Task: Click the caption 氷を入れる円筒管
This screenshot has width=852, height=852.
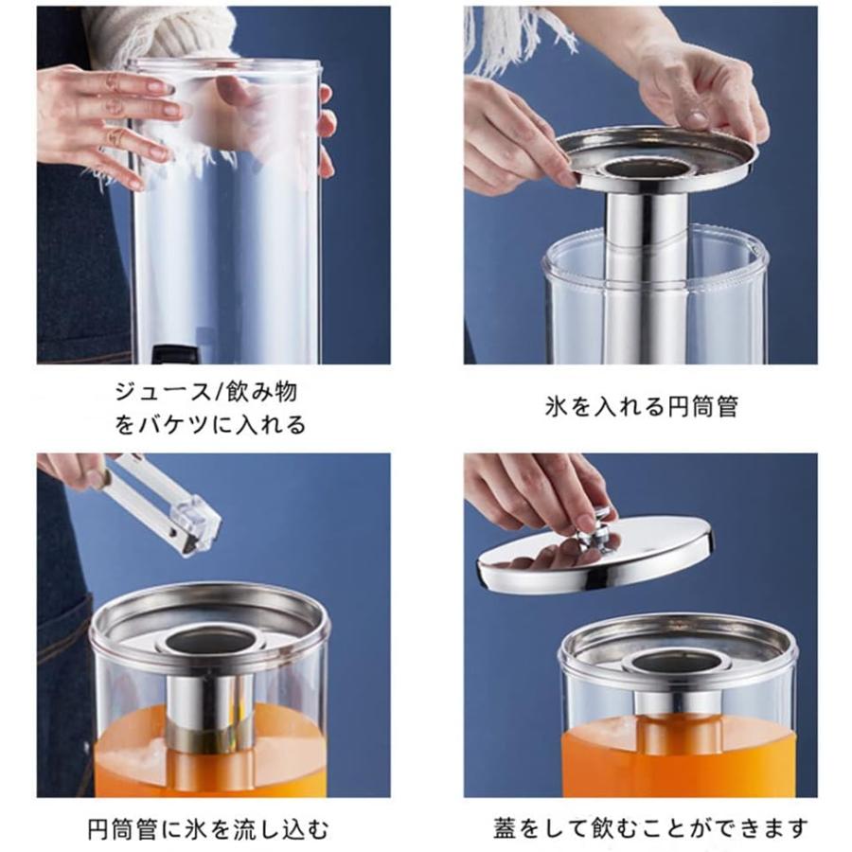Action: tap(641, 407)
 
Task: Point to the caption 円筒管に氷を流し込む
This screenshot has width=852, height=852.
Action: tap(210, 830)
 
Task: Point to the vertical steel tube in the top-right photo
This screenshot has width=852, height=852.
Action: tap(646, 275)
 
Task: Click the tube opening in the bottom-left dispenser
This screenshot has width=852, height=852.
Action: tap(210, 641)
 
